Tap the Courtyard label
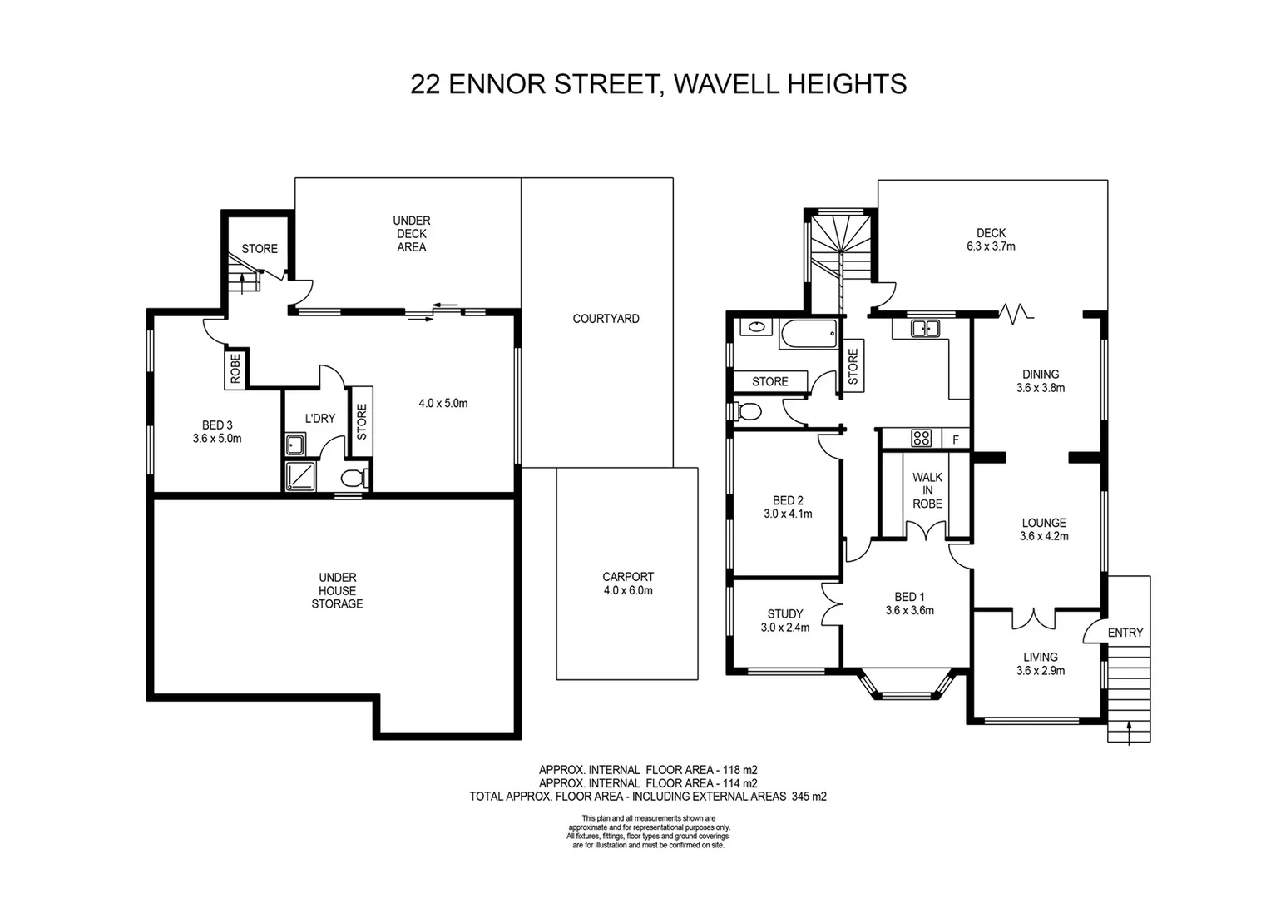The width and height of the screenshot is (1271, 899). pos(606,319)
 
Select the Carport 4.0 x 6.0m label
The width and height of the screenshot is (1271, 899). pos(627,584)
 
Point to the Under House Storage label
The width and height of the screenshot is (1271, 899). pos(337,590)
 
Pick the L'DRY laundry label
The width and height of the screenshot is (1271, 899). pos(319,418)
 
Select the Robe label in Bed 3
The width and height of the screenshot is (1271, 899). pos(235,368)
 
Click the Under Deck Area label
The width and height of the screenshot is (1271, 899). pos(411,234)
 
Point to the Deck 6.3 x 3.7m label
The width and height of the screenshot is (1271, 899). pos(991,240)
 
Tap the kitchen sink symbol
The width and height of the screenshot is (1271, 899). pos(924,328)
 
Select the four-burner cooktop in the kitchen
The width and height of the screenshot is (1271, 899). pos(921,438)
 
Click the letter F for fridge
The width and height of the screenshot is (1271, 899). pos(956,439)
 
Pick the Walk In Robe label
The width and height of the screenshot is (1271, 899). pos(927,490)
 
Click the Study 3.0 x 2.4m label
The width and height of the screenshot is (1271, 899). pos(784,621)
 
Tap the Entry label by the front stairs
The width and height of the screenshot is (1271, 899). pos(1125,633)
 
